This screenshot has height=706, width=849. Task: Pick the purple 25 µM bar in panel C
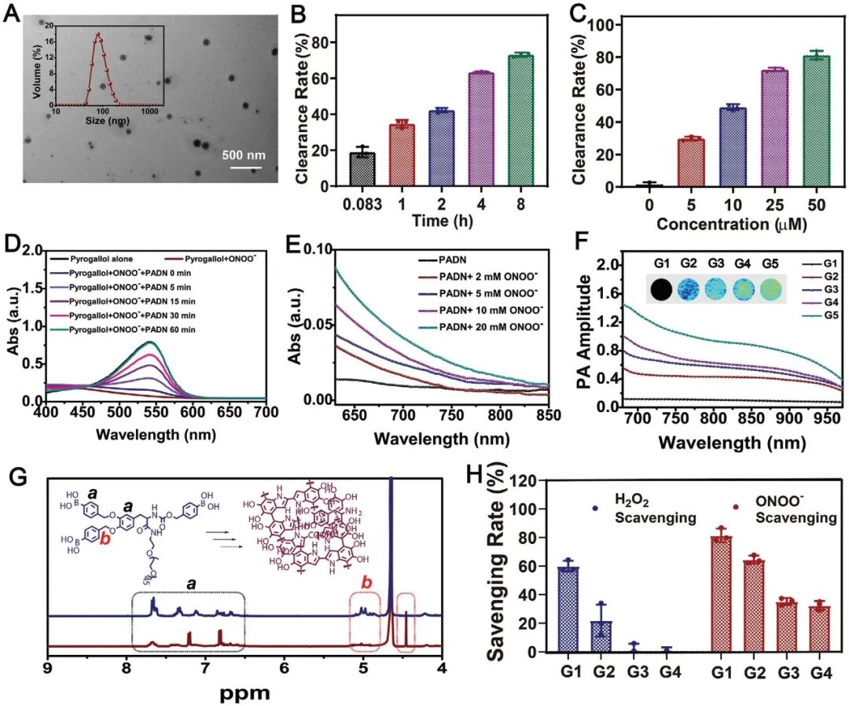(752, 128)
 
